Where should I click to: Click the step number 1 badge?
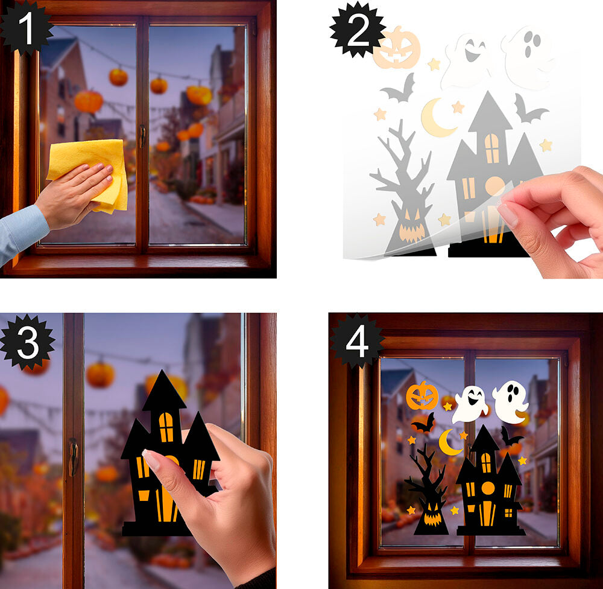click(25, 28)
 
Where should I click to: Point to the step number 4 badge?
click(357, 341)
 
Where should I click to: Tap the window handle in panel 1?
click(143, 136)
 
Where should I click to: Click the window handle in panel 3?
click(73, 457)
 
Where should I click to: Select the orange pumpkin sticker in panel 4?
click(422, 396)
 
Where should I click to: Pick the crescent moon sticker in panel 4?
click(449, 443)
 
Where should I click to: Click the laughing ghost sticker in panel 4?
click(470, 404)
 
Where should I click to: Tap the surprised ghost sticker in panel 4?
click(510, 402)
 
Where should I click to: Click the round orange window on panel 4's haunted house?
click(488, 488)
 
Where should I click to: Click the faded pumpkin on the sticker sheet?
click(397, 48)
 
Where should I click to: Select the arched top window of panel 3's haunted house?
click(166, 427)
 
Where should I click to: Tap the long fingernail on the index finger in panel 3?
click(150, 459)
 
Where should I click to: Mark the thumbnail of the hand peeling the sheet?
click(508, 214)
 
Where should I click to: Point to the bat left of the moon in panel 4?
click(423, 424)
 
